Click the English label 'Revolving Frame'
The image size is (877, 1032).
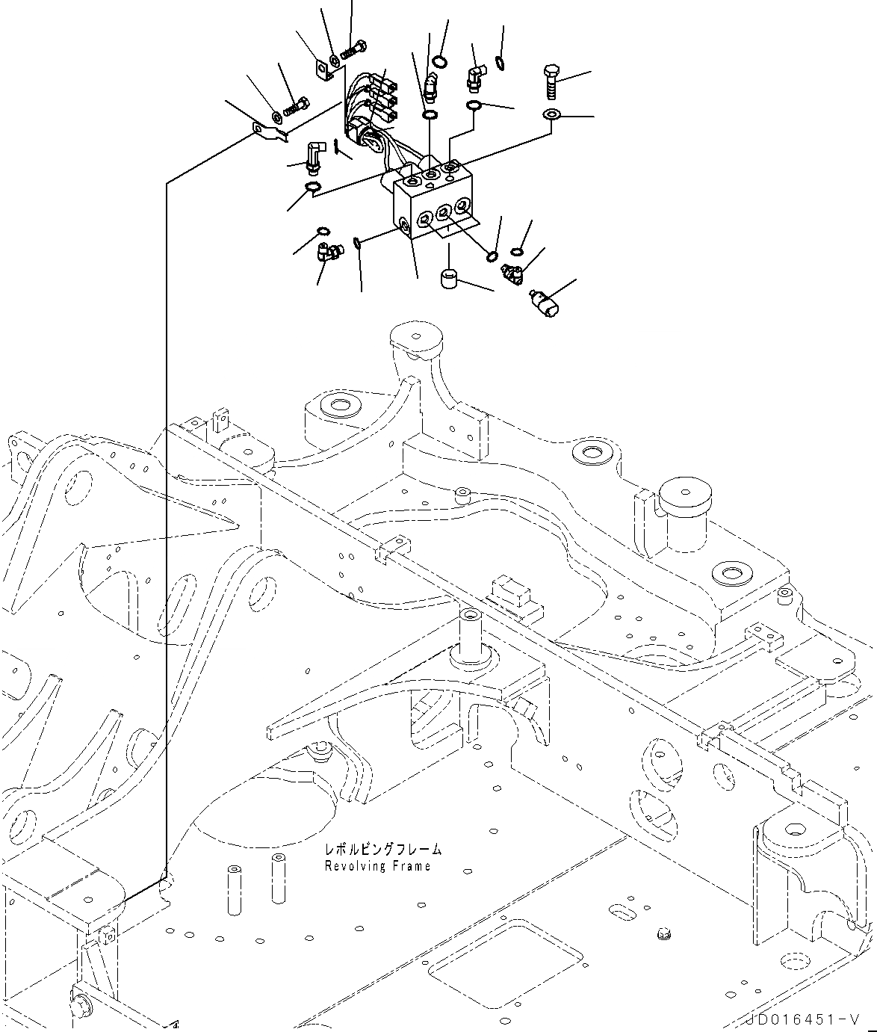pyautogui.click(x=377, y=866)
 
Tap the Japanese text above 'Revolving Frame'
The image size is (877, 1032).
pyautogui.click(x=382, y=849)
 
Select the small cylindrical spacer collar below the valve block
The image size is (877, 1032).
pyautogui.click(x=449, y=279)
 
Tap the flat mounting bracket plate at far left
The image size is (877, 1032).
pyautogui.click(x=270, y=133)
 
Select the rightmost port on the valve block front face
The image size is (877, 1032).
pyautogui.click(x=462, y=206)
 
